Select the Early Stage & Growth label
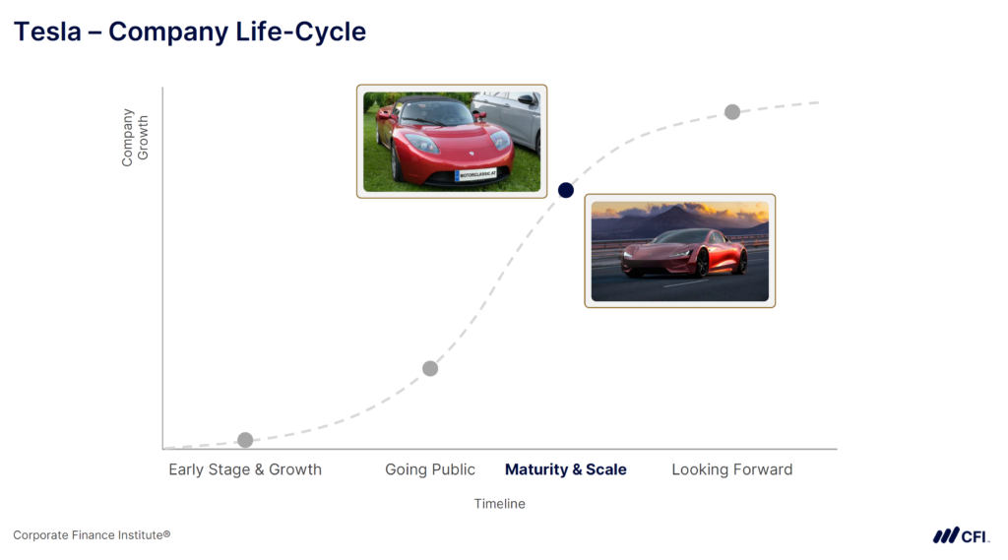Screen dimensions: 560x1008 coord(245,469)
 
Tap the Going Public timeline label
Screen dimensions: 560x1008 coord(430,469)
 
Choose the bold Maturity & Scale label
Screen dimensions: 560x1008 coord(566,469)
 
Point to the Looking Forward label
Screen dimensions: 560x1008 coord(731,469)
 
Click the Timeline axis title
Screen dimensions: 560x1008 coord(500,504)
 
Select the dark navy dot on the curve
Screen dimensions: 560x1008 coord(566,190)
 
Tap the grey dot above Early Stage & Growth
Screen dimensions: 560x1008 coord(245,440)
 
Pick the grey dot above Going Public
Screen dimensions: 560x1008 coord(430,368)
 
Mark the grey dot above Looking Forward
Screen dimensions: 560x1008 coord(732,112)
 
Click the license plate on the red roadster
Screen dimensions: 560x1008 coord(476,174)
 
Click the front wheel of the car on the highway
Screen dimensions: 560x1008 coord(702,264)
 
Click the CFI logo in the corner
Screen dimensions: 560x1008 coord(961,535)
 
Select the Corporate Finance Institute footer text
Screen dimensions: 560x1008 coord(92,535)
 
